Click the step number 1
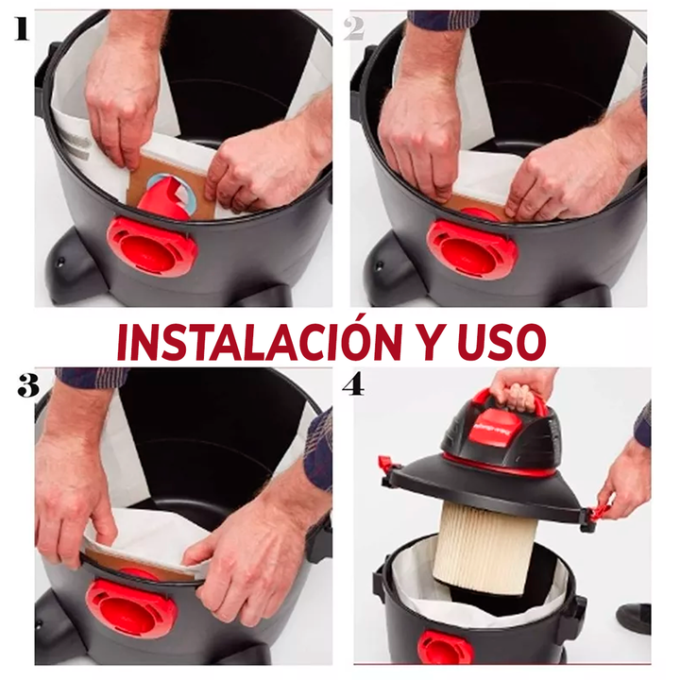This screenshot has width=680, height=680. tap(22, 29)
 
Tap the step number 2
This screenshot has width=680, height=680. tap(354, 29)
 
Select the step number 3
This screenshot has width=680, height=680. tap(28, 385)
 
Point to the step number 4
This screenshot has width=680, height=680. tap(353, 383)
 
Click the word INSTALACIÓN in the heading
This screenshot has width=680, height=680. tap(260, 340)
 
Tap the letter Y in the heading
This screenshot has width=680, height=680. tap(431, 342)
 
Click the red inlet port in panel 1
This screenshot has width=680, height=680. tap(152, 246)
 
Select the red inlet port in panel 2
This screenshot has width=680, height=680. tap(472, 249)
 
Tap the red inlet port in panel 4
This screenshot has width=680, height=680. tap(445, 648)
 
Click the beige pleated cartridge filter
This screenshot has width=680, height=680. tap(485, 547)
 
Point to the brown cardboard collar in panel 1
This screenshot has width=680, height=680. tap(169, 186)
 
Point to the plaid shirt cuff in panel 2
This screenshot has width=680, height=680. tap(443, 20)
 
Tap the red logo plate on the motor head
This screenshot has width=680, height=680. tap(494, 427)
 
